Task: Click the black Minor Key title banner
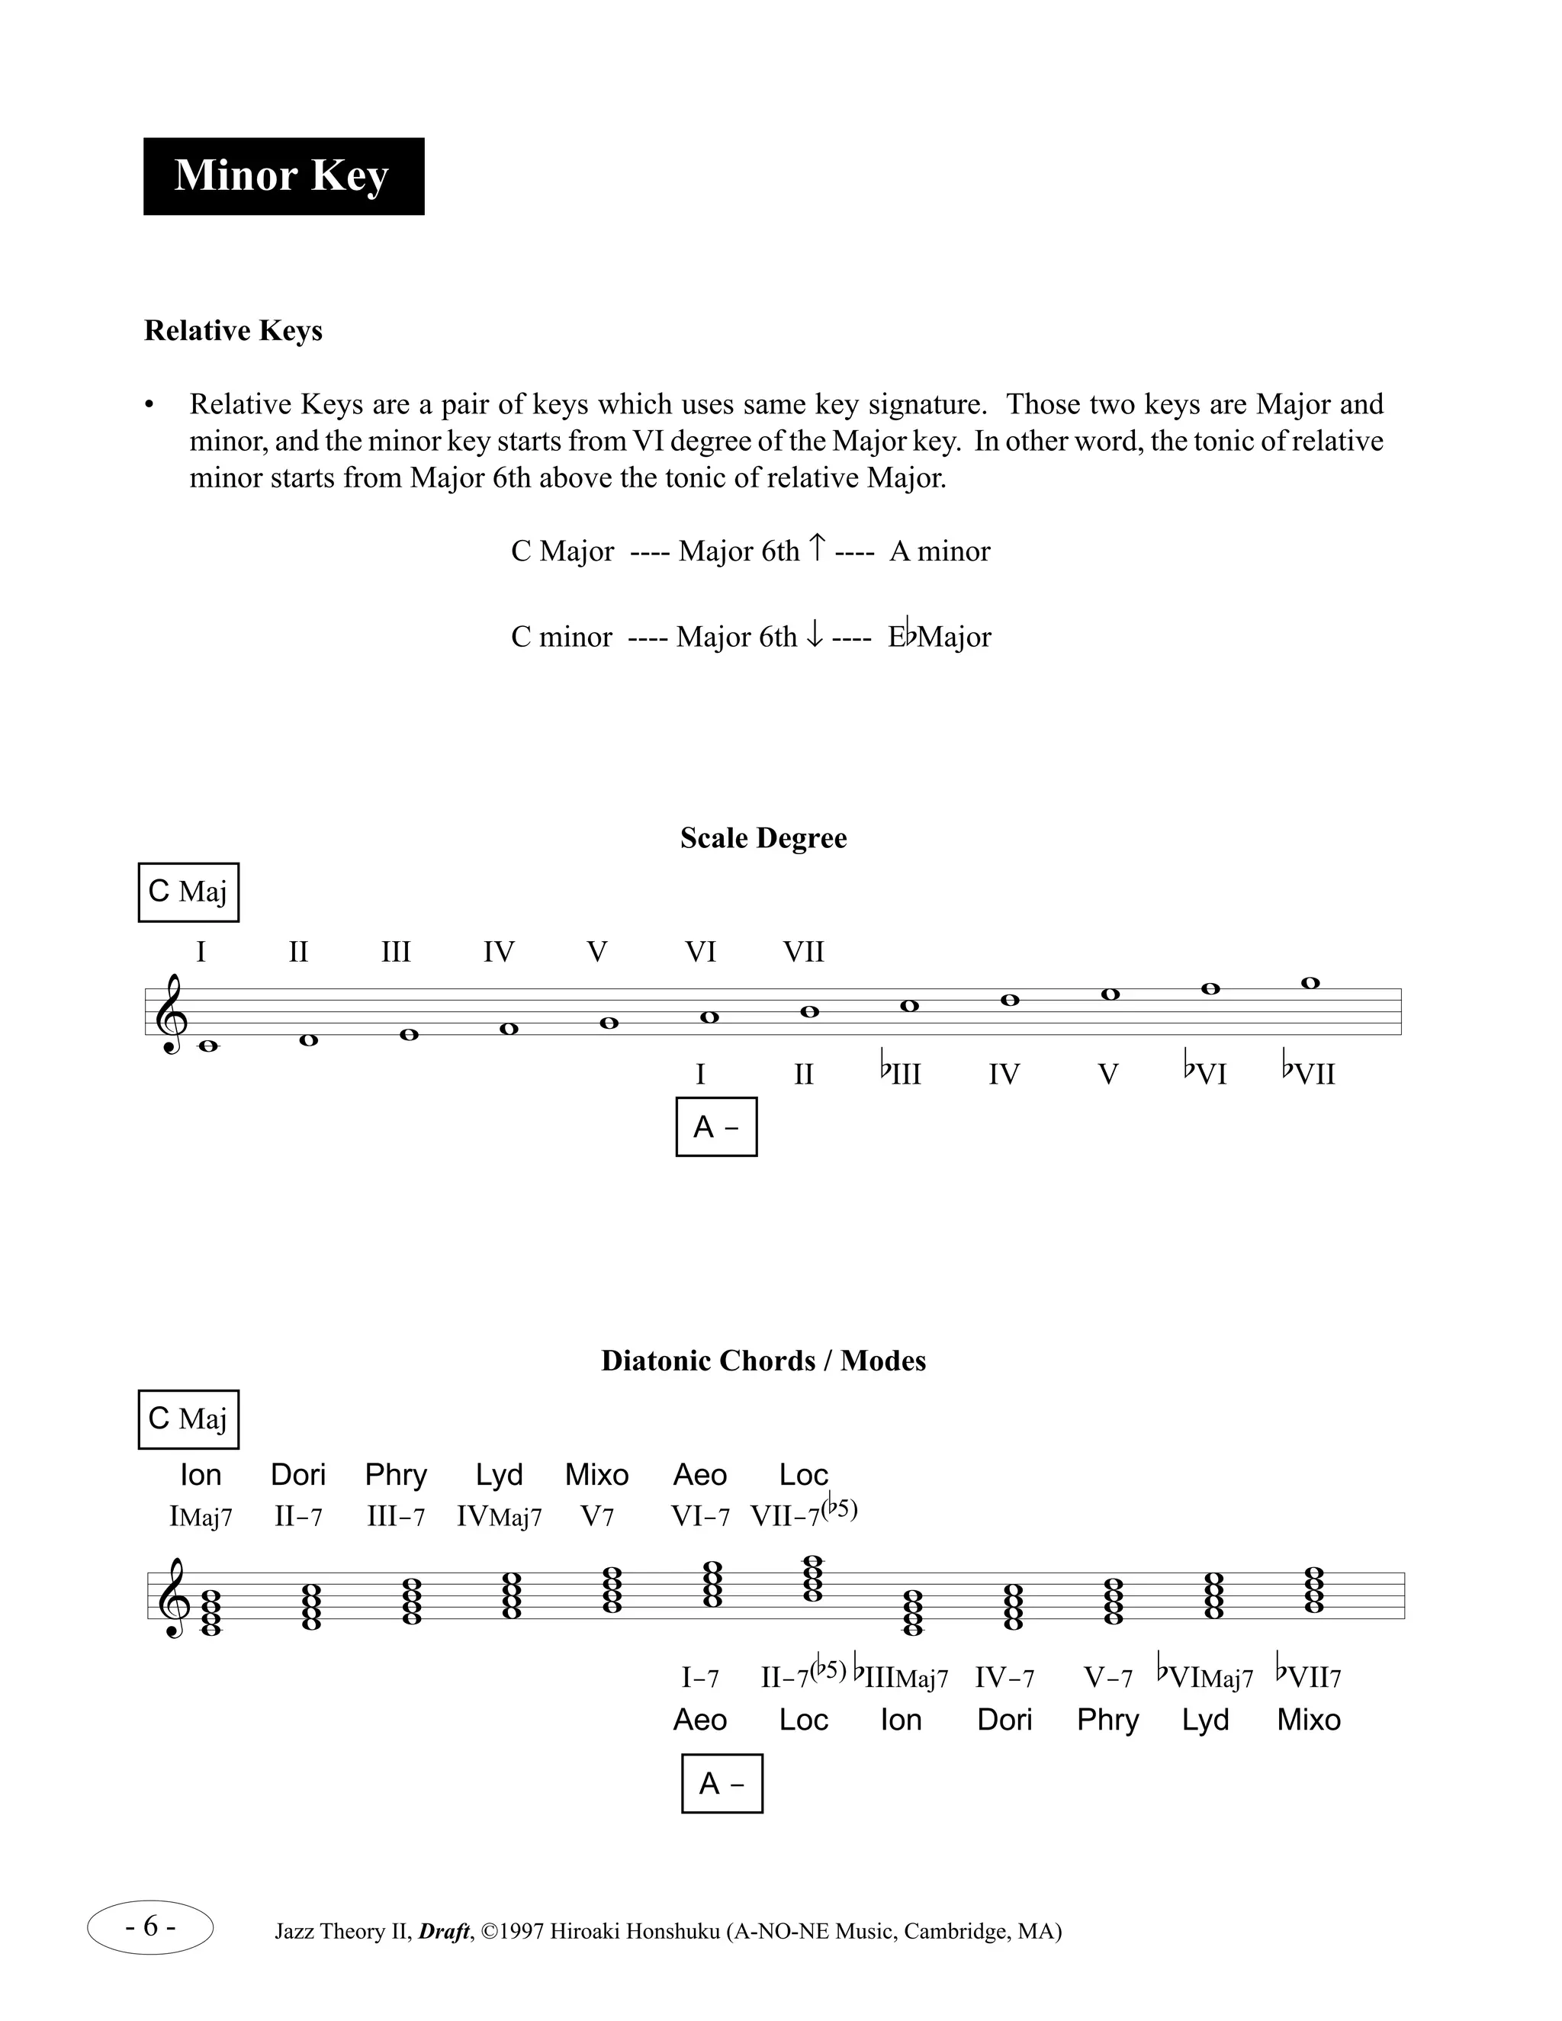coord(283,176)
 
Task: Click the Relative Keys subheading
coord(233,330)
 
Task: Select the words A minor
coord(939,551)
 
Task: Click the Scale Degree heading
coord(763,837)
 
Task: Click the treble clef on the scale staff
coord(173,1014)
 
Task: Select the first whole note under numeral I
coord(207,1046)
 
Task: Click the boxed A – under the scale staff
coord(716,1127)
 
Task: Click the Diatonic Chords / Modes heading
coord(763,1361)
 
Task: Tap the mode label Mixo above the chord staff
coord(597,1474)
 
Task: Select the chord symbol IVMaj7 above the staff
coord(499,1517)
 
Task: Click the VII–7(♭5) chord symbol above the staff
coord(803,1514)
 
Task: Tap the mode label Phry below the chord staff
coord(1107,1719)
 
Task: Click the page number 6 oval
coord(151,1926)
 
